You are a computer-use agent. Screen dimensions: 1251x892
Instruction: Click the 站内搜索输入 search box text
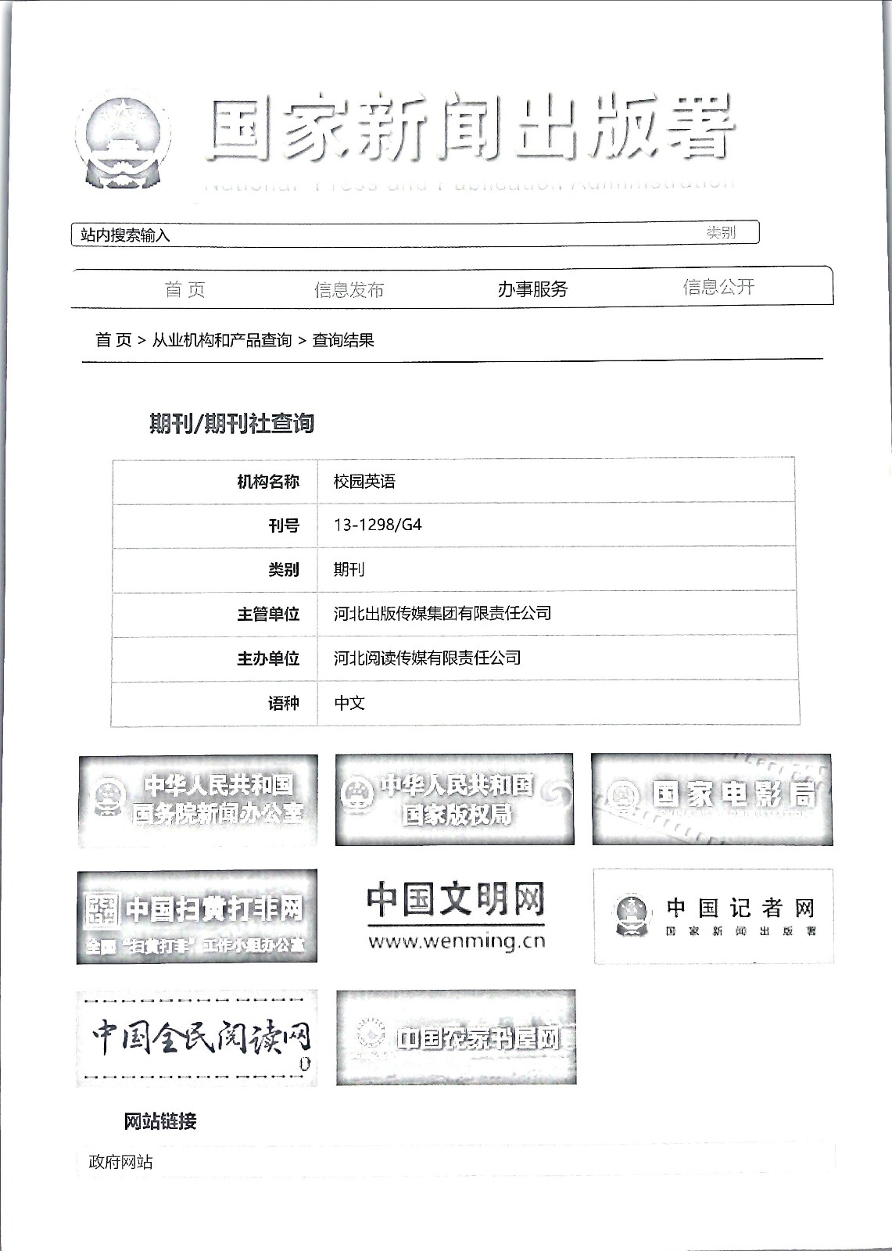coord(125,235)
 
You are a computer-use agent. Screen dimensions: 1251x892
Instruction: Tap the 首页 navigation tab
coord(185,290)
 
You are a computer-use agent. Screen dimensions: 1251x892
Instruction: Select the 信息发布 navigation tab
coord(349,290)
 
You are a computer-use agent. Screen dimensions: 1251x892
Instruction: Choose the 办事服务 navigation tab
coord(532,289)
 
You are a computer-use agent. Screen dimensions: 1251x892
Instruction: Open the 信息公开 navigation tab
coord(718,287)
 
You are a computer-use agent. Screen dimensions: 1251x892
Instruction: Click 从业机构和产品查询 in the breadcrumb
coord(221,340)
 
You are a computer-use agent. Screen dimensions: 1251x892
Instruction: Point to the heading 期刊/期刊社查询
coord(231,423)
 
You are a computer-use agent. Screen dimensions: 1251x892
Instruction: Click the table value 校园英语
coord(364,481)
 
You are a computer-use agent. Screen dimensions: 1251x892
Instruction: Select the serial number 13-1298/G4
coord(378,525)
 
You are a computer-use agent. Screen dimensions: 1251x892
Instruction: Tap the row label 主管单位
coord(268,614)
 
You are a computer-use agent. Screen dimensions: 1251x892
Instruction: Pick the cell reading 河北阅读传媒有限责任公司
coord(427,658)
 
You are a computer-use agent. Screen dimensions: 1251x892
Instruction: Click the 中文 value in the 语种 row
coord(349,703)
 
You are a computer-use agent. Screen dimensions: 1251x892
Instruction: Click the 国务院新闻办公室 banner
coord(198,800)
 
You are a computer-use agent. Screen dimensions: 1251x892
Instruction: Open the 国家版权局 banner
coord(454,800)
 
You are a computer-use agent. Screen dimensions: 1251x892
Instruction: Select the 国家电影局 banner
coord(711,799)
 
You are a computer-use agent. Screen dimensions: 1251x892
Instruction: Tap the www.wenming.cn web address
coord(457,941)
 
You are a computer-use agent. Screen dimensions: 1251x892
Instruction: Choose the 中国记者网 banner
coord(713,916)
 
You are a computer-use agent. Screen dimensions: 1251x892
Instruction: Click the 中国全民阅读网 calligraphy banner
coord(197,1038)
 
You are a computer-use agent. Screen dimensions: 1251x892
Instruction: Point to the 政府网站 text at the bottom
coord(120,1162)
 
